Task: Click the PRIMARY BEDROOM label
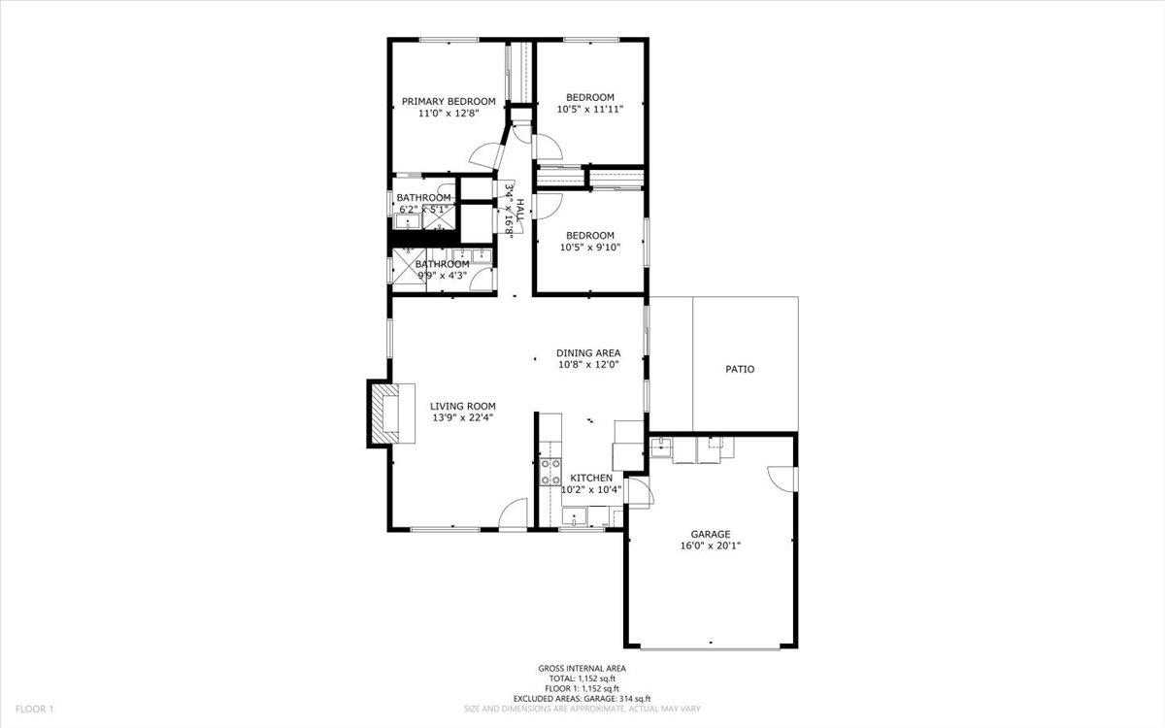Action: tap(449, 101)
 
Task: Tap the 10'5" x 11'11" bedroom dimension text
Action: tap(589, 110)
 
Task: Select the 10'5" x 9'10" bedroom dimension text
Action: tap(589, 248)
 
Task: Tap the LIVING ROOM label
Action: tap(463, 406)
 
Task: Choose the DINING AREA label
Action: tap(587, 352)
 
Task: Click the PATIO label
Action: tap(740, 369)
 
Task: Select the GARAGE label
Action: tap(710, 534)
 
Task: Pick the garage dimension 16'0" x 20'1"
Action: tap(710, 546)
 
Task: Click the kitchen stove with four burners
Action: tap(550, 473)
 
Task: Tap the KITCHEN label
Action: tap(590, 478)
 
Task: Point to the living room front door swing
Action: tap(512, 514)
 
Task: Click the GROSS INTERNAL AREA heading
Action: tap(582, 668)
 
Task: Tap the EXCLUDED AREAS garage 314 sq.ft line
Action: tap(582, 699)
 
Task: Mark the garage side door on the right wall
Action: tap(782, 479)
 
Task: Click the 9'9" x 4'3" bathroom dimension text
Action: tap(442, 276)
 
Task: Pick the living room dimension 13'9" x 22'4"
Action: tap(463, 418)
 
